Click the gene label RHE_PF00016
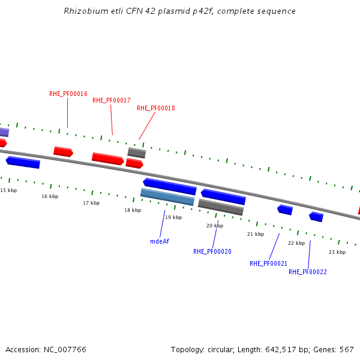[68, 94]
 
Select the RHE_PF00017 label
[112, 100]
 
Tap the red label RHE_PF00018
[156, 108]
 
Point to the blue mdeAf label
[160, 241]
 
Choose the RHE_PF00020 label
[212, 251]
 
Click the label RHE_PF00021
[268, 263]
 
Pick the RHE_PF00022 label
[307, 272]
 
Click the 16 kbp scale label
[50, 196]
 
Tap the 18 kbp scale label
[133, 210]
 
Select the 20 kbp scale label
[214, 226]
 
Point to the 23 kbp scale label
[337, 252]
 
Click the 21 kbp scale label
[256, 234]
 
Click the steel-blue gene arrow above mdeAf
[167, 197]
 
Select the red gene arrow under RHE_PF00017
[108, 158]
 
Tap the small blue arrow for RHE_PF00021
[285, 209]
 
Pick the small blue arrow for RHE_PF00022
[316, 217]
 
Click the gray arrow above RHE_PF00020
[221, 207]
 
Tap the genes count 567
[346, 349]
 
